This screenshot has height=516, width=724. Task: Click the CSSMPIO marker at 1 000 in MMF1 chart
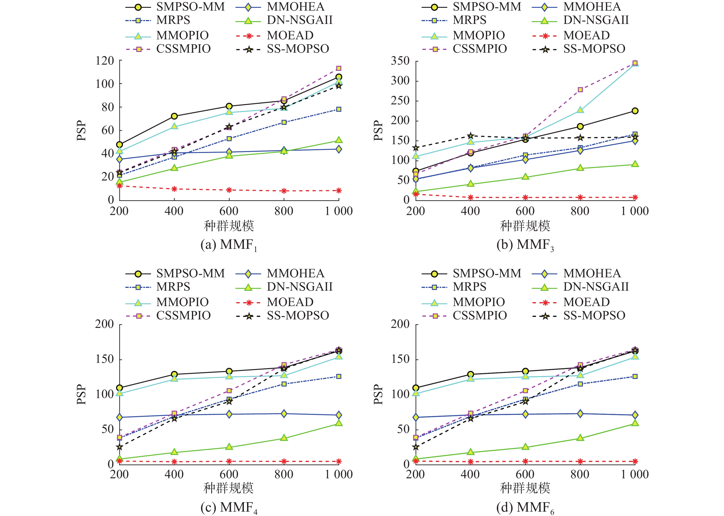339,68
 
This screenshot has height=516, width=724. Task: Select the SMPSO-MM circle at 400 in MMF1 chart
174,116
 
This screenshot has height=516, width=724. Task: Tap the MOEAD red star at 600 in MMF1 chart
229,190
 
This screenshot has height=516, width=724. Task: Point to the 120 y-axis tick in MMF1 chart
105,60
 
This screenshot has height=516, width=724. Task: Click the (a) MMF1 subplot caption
229,245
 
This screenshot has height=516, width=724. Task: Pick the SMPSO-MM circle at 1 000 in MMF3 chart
635,111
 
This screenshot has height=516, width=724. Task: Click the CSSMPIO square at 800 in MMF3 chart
580,90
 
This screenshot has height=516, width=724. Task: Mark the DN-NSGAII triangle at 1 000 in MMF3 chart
635,164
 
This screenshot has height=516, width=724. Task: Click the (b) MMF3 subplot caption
525,245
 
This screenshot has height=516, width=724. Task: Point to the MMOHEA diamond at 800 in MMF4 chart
284,414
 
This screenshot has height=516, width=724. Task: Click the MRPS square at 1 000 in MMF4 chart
339,376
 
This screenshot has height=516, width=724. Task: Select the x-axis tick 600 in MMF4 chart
229,474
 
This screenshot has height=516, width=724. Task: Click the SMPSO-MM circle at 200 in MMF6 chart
416,388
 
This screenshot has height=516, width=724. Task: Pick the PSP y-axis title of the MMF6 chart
378,394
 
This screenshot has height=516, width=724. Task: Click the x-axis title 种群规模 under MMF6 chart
525,488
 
